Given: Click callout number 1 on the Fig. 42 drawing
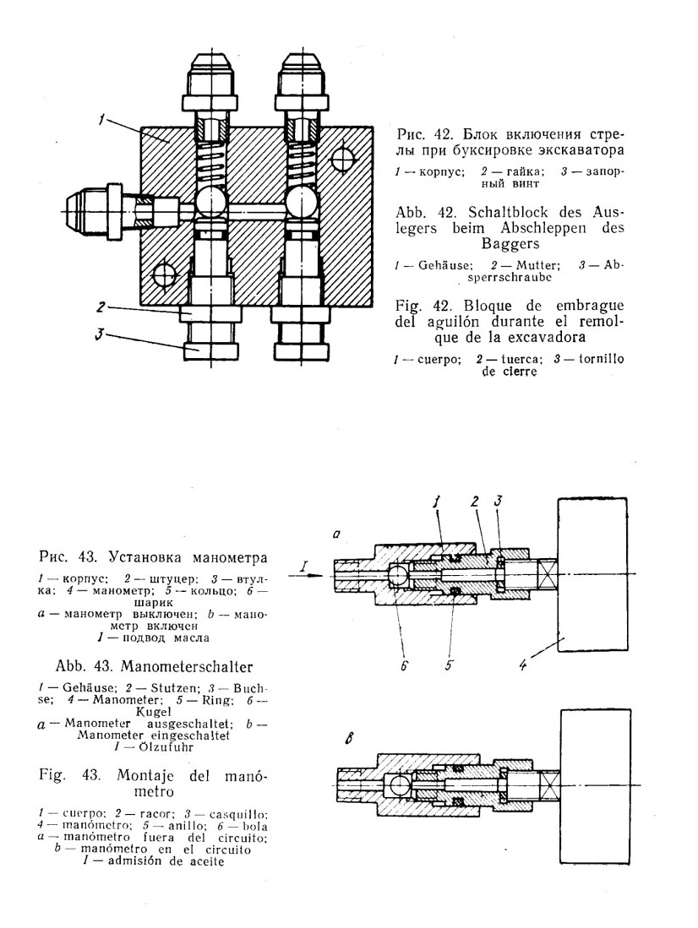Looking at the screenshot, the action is coord(102,121).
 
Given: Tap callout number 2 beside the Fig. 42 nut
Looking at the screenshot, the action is coord(102,307).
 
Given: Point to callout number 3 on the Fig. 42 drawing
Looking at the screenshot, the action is coord(101,334).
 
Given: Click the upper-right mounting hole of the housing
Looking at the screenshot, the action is coord(343,160).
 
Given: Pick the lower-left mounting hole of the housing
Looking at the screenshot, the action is coord(164,275).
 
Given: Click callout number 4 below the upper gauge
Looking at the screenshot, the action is coord(522,665).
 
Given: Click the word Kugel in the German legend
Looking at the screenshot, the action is coord(154,711).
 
